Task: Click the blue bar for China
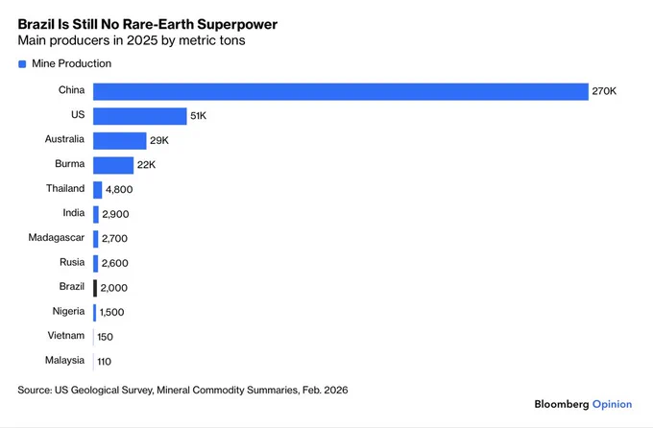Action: [x=341, y=91]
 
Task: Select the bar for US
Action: [x=140, y=116]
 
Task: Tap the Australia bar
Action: [x=120, y=141]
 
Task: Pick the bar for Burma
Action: [x=113, y=165]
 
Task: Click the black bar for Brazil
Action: [x=95, y=288]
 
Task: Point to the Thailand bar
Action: [x=97, y=190]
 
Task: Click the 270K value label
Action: [x=604, y=91]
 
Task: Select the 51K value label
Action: [x=198, y=116]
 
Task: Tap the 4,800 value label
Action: [x=119, y=189]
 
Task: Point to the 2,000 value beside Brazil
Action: [x=114, y=288]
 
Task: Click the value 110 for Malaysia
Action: [x=104, y=362]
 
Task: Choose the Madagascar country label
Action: [x=57, y=238]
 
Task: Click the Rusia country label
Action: [x=72, y=262]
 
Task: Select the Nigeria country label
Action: [x=68, y=312]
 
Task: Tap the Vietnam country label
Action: [x=66, y=336]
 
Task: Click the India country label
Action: [x=74, y=213]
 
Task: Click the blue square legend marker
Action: [x=22, y=64]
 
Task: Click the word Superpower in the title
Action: [x=237, y=25]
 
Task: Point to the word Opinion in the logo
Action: [x=613, y=404]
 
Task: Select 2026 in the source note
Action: [x=336, y=391]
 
